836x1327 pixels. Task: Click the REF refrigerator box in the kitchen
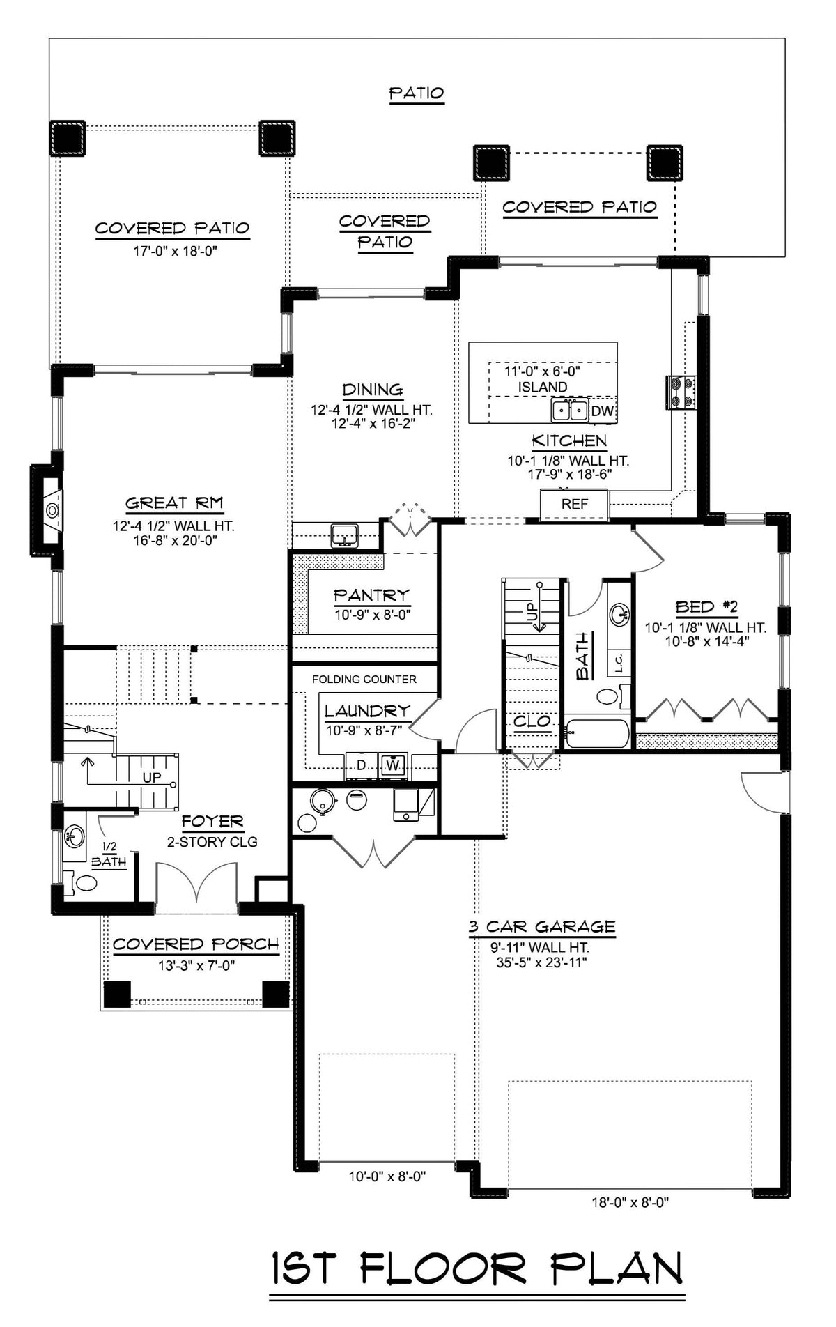coord(575,504)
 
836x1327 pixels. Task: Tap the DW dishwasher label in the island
coord(603,411)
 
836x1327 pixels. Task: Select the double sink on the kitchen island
coord(570,411)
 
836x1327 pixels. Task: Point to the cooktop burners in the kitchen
coord(681,392)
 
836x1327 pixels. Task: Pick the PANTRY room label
coord(371,595)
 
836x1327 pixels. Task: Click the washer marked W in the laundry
coord(394,765)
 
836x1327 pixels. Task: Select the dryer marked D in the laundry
coord(361,765)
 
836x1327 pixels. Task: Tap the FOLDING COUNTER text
coord(364,679)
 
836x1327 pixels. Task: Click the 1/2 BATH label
coord(109,854)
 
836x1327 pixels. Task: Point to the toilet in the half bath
coord(83,883)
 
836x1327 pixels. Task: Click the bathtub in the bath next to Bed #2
coord(598,732)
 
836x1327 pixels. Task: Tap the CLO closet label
coord(532,721)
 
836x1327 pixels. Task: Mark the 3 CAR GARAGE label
coord(541,926)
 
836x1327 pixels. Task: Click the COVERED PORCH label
coord(196,944)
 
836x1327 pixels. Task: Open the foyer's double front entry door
coord(197,887)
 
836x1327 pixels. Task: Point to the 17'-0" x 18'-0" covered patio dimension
coord(176,250)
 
